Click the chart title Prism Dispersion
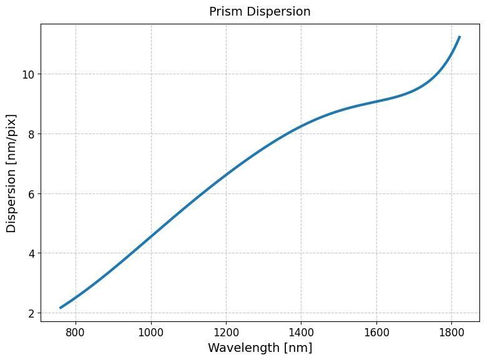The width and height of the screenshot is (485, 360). click(260, 12)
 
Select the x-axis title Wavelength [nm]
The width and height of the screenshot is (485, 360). click(260, 348)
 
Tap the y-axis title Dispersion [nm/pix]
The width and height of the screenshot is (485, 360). click(12, 173)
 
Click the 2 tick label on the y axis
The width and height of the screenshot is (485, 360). click(31, 313)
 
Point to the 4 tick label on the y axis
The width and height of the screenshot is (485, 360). click(31, 253)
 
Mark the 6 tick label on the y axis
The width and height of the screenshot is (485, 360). click(31, 193)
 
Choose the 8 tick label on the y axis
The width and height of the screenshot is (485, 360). click(31, 134)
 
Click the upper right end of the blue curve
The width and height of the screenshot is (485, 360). click(459, 37)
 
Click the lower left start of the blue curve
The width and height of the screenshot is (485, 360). click(61, 308)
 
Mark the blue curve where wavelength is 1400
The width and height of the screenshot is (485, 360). click(301, 126)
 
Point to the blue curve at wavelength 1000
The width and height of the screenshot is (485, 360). click(151, 236)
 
